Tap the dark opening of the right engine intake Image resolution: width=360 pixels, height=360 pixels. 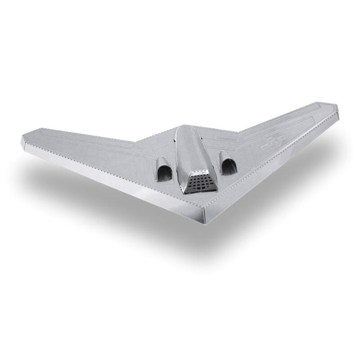pos(228,166)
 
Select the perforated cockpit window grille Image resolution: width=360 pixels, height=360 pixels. pos(199,182)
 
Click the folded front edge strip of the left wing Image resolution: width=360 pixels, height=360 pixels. pos(112,184)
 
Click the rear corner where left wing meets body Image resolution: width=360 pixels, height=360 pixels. pos(135,143)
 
